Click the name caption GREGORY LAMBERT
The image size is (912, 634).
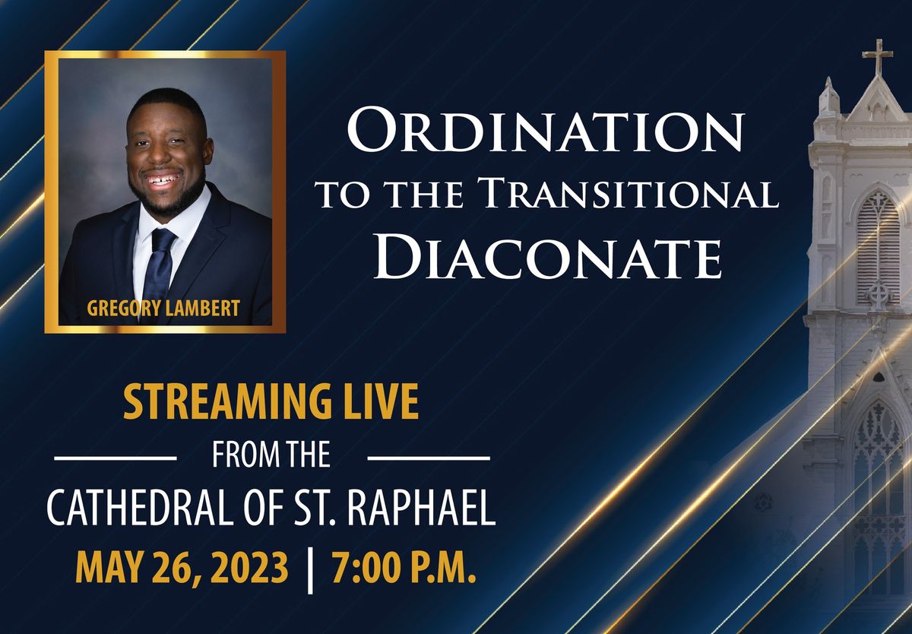[x=163, y=309]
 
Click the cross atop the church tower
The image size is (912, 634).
[x=877, y=57]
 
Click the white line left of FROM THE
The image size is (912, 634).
[x=116, y=457]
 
